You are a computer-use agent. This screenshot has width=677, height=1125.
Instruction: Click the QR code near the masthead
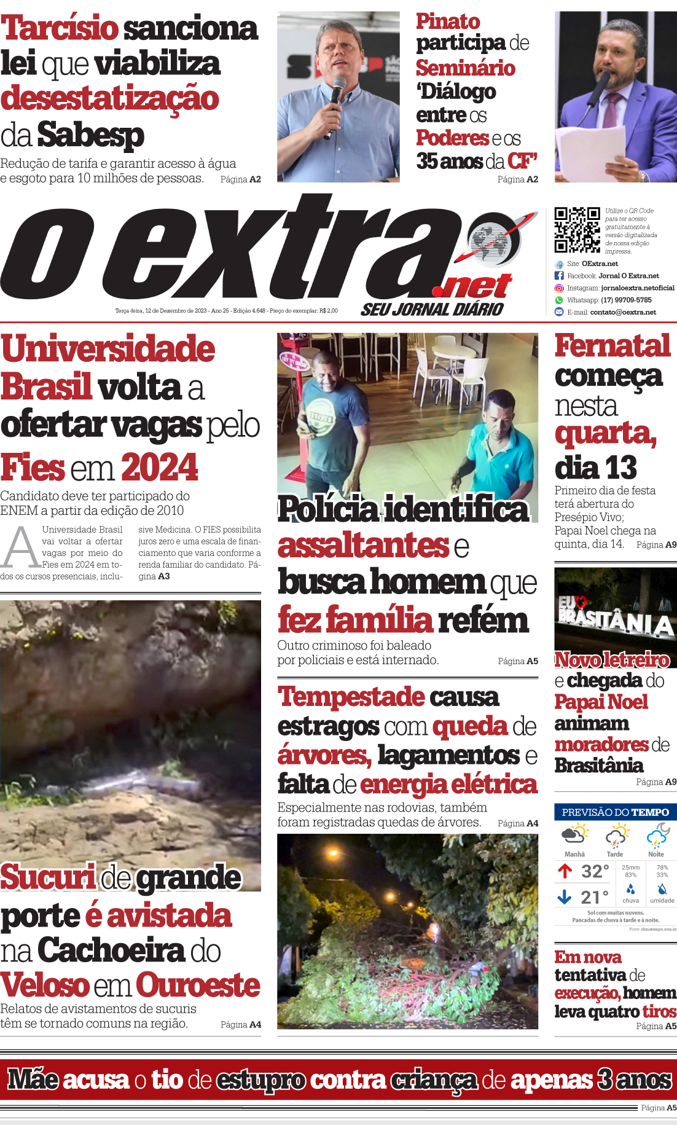pyautogui.click(x=577, y=230)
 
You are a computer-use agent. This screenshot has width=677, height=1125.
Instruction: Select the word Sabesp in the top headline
pyautogui.click(x=90, y=135)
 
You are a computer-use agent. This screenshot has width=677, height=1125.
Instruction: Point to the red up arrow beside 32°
pyautogui.click(x=565, y=871)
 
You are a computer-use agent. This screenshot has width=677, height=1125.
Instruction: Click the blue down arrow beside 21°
pyautogui.click(x=565, y=898)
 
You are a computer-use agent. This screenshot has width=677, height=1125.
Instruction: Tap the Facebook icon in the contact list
pyautogui.click(x=559, y=276)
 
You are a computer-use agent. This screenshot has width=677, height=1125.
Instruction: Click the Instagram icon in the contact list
pyautogui.click(x=559, y=288)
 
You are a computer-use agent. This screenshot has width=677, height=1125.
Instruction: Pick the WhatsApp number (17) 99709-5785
pyautogui.click(x=626, y=300)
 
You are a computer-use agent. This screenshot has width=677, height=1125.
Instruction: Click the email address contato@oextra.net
pyautogui.click(x=623, y=312)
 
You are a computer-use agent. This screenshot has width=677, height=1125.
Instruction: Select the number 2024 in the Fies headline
pyautogui.click(x=160, y=468)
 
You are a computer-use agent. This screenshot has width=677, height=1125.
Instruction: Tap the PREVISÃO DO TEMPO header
pyautogui.click(x=615, y=812)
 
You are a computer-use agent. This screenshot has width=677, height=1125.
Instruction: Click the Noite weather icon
pyautogui.click(x=657, y=836)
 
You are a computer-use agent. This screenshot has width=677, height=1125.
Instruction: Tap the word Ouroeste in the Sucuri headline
pyautogui.click(x=198, y=986)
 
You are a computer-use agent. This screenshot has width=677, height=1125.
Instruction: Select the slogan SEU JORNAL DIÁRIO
pyautogui.click(x=432, y=309)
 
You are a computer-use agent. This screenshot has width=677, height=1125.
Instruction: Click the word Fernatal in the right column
pyautogui.click(x=612, y=346)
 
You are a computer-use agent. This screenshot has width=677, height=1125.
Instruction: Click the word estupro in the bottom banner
pyautogui.click(x=260, y=1080)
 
